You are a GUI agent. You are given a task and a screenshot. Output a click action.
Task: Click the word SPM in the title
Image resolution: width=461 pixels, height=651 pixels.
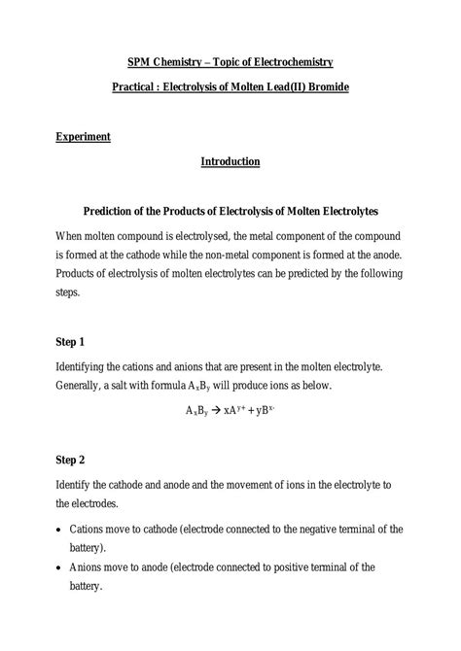click(x=140, y=62)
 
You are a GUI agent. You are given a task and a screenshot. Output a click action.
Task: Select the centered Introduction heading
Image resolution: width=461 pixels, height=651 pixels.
click(x=230, y=161)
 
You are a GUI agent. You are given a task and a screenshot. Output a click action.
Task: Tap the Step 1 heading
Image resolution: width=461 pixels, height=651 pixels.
click(x=70, y=342)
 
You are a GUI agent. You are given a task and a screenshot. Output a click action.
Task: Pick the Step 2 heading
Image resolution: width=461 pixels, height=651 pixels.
click(x=70, y=459)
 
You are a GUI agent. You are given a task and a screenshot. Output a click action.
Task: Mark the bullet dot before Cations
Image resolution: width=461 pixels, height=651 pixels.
click(x=60, y=531)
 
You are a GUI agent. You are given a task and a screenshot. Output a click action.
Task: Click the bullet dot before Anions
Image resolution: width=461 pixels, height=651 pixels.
click(x=60, y=568)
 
